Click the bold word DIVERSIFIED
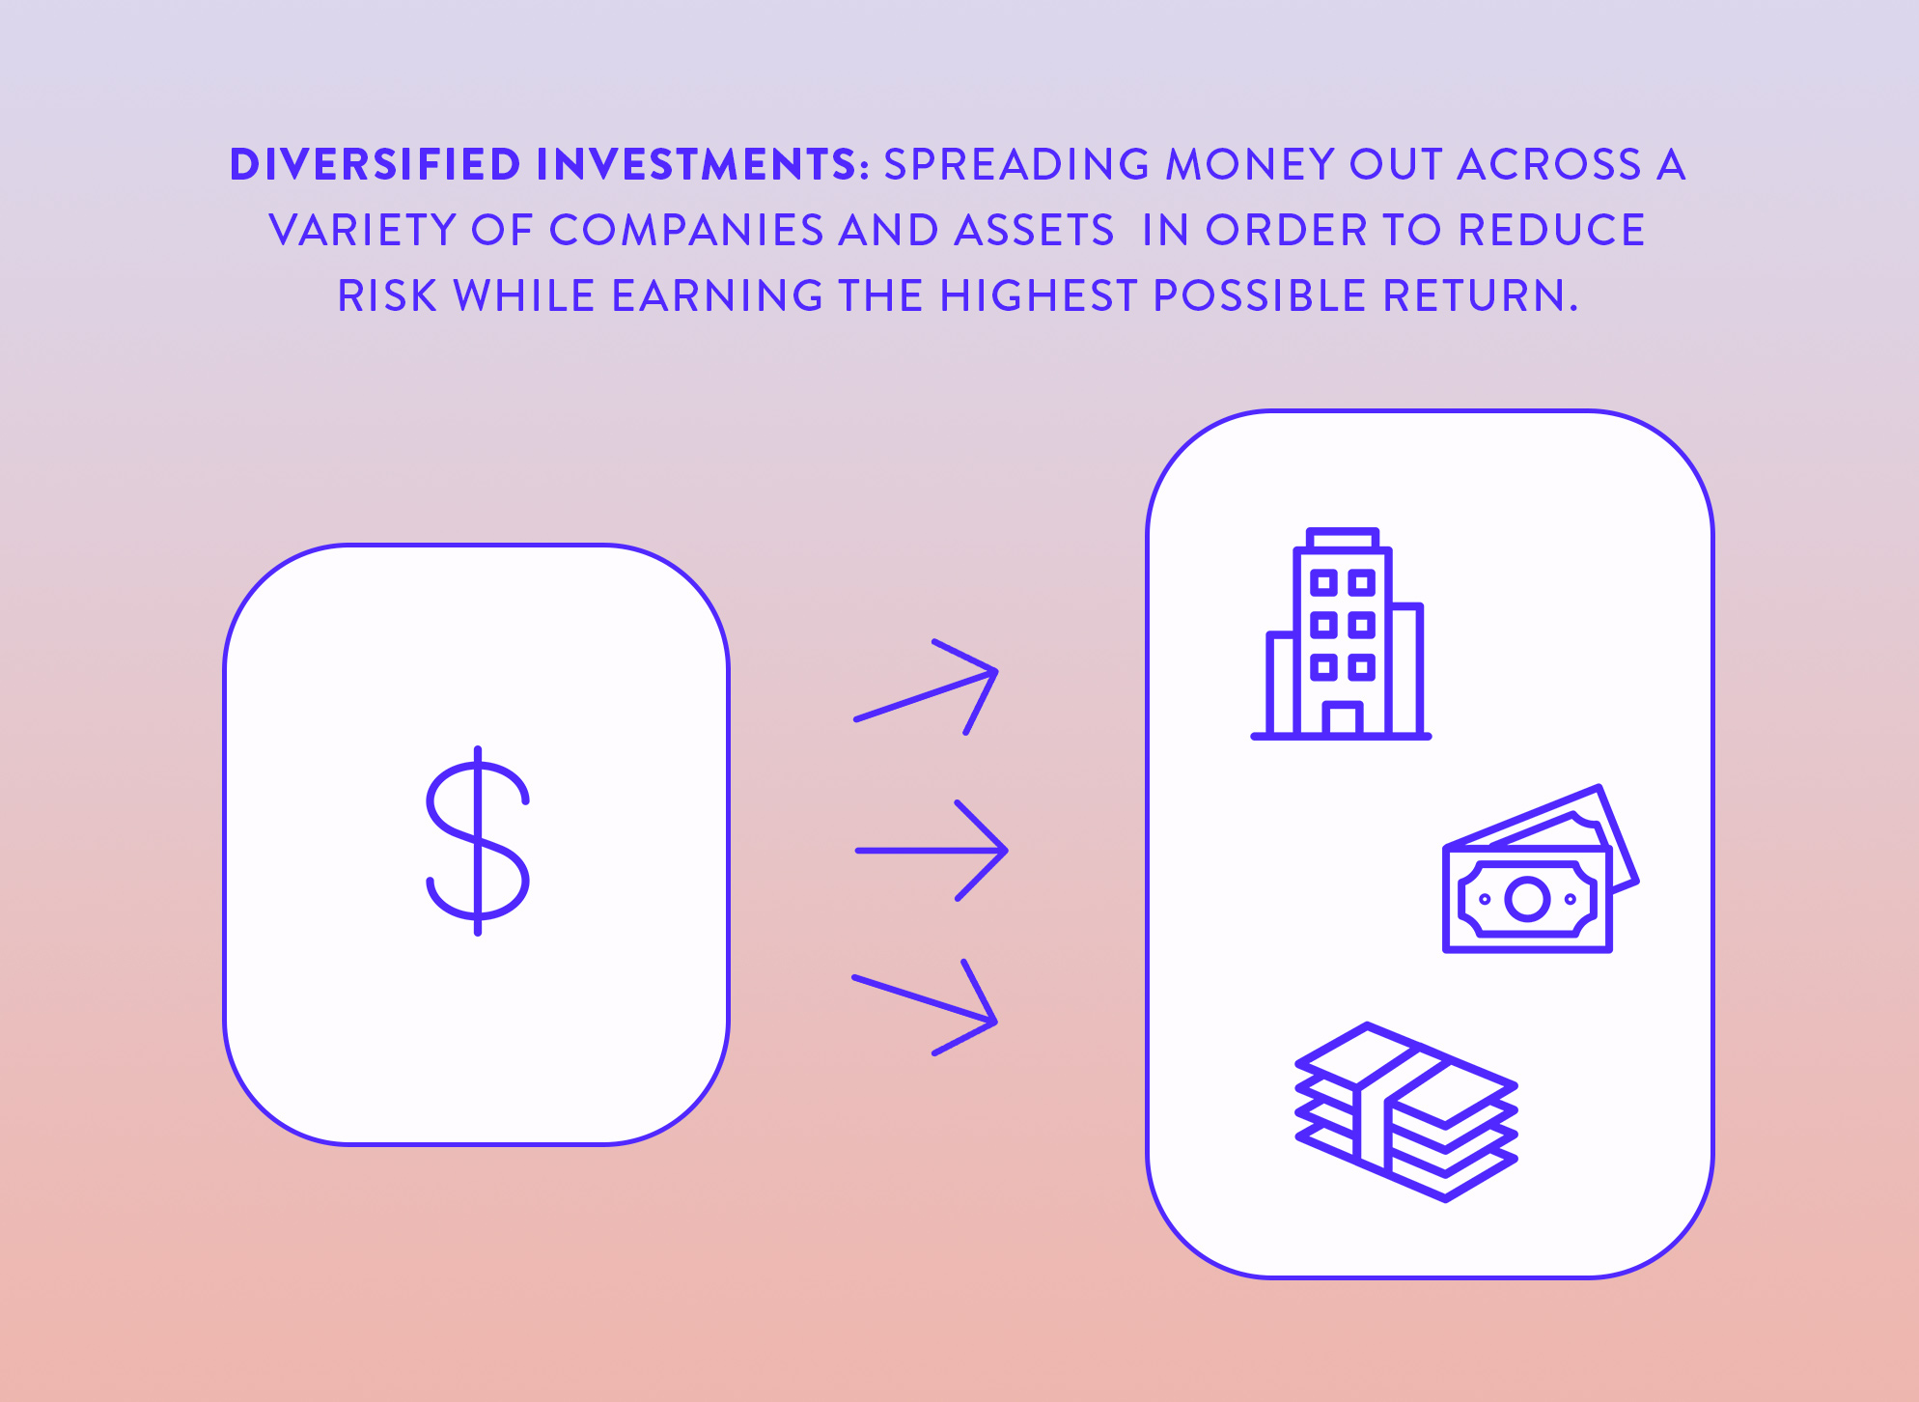(x=375, y=165)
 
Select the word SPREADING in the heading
(x=1016, y=165)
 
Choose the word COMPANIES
(x=686, y=231)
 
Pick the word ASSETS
(x=1034, y=231)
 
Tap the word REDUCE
(x=1551, y=231)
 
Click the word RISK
(x=387, y=296)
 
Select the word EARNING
(x=717, y=296)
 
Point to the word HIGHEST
(x=1039, y=296)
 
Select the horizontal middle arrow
(x=932, y=851)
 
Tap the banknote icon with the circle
(x=1541, y=869)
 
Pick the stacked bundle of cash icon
(x=1406, y=1112)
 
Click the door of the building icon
(x=1342, y=719)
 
